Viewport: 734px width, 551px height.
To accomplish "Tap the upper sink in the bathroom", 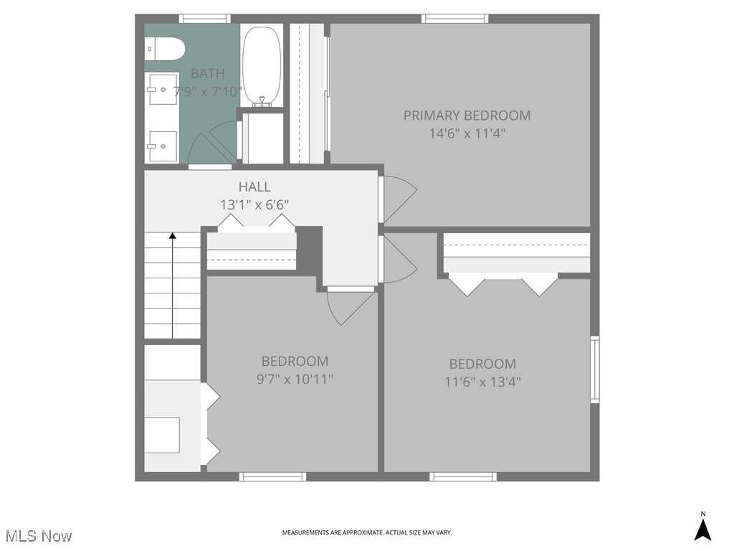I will [163, 89].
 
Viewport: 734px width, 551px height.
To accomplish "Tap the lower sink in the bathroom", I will [163, 146].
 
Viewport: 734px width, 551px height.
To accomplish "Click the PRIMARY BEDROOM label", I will [467, 116].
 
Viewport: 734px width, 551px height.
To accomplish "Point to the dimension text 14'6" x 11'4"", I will [467, 133].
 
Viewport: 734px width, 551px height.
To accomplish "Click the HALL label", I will [254, 187].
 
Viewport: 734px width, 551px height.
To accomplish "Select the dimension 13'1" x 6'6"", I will [254, 204].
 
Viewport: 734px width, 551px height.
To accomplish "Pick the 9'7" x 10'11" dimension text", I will [295, 379].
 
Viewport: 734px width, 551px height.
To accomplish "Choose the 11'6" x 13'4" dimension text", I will [482, 382].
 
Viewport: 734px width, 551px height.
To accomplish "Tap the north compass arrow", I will [703, 529].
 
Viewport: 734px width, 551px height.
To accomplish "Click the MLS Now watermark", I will [39, 536].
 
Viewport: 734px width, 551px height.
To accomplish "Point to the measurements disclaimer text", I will [367, 532].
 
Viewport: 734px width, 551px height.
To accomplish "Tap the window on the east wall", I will [594, 369].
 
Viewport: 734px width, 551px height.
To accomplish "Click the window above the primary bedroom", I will [454, 19].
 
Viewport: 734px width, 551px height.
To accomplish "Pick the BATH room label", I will [207, 73].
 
